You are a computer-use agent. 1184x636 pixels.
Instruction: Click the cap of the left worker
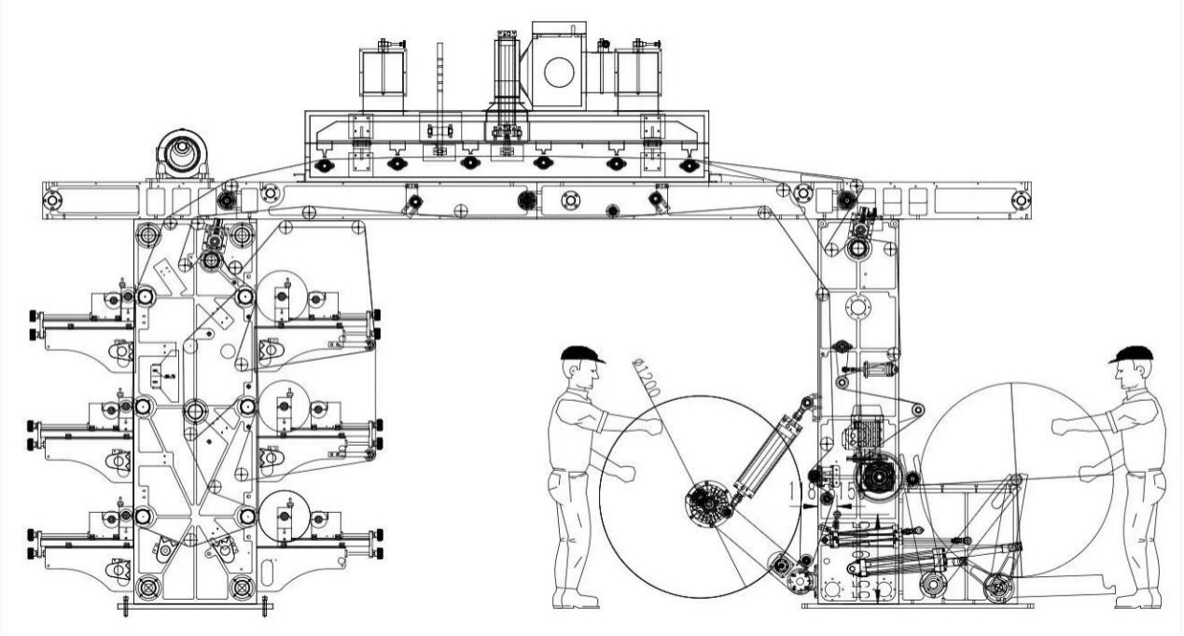pyautogui.click(x=581, y=354)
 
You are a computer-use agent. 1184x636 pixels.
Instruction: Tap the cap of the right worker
pyautogui.click(x=1132, y=354)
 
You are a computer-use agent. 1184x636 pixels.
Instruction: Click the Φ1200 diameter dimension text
pyautogui.click(x=646, y=378)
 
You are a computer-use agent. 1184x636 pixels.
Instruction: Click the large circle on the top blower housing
pyautogui.click(x=558, y=72)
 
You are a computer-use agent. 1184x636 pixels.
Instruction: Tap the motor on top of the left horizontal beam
pyautogui.click(x=184, y=153)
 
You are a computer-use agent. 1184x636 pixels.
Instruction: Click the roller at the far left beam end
pyautogui.click(x=52, y=200)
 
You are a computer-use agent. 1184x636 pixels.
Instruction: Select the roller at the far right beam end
pyautogui.click(x=1021, y=200)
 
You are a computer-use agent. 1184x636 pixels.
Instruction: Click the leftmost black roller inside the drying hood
pyautogui.click(x=324, y=165)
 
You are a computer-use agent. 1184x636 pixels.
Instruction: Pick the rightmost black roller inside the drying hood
pyautogui.click(x=689, y=165)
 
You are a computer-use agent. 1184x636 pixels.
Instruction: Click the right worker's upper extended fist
pyautogui.click(x=1058, y=427)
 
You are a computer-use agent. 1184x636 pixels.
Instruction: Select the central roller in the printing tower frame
pyautogui.click(x=195, y=409)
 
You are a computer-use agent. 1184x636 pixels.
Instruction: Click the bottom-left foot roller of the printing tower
pyautogui.click(x=148, y=587)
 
